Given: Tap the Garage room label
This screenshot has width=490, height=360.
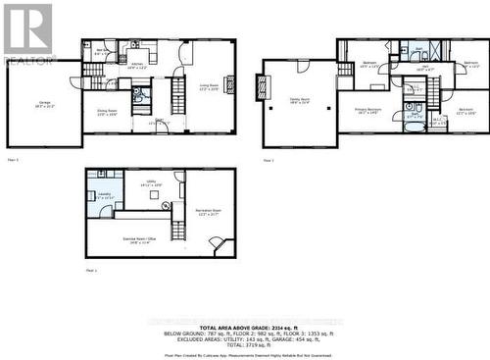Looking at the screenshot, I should [44, 104].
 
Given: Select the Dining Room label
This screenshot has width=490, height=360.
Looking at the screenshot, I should [105, 99].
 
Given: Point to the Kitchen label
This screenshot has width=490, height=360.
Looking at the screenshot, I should [136, 66].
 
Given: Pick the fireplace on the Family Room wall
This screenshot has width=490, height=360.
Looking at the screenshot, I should [261, 88].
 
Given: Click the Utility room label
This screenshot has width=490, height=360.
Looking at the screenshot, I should [151, 182].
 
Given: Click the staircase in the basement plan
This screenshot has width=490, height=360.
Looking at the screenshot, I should [178, 231].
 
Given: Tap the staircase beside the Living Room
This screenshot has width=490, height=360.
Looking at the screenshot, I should [178, 96].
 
